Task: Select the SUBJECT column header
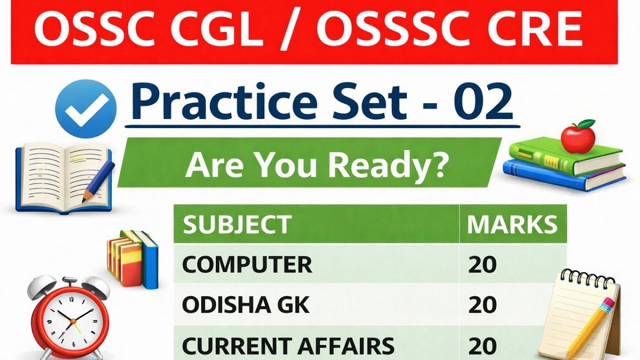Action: (237, 225)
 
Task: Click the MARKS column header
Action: (511, 225)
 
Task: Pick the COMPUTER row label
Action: (247, 264)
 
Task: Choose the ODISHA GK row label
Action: (245, 305)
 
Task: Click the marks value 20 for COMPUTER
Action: (482, 264)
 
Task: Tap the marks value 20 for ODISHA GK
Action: (482, 305)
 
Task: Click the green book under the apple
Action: (565, 155)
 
